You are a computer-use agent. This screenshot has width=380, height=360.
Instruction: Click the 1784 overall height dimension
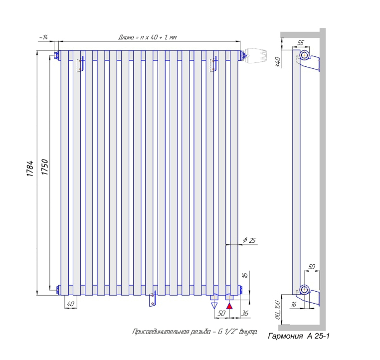[30, 169]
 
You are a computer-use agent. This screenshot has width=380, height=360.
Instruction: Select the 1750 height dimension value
[45, 167]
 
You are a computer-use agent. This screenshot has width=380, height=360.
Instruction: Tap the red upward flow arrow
[229, 306]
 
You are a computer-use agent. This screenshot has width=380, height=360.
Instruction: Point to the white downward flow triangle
[214, 306]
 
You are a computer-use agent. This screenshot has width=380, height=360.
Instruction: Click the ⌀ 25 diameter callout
[249, 240]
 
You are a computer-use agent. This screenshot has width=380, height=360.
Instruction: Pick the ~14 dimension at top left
[43, 37]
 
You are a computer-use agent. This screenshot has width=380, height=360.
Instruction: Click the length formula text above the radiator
[147, 37]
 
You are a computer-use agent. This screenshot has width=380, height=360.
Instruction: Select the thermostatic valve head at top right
[256, 56]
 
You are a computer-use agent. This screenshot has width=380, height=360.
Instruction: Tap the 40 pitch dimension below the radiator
[70, 304]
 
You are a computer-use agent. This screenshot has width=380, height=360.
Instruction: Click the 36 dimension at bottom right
[245, 313]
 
